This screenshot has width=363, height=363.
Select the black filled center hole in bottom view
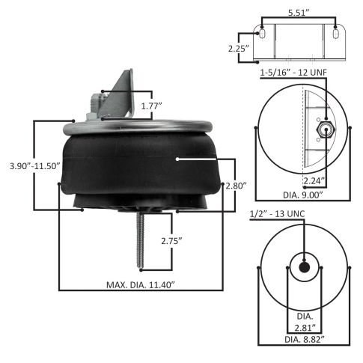305,267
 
